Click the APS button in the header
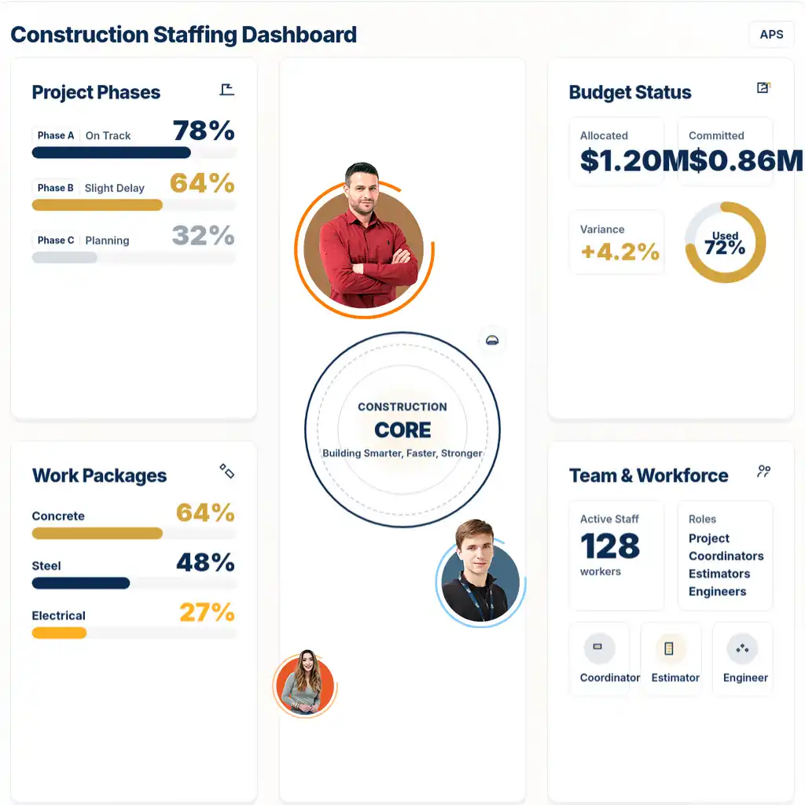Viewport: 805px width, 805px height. click(771, 35)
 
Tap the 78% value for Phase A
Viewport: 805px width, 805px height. click(204, 130)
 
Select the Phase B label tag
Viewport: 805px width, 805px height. click(56, 188)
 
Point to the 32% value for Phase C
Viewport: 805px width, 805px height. click(204, 236)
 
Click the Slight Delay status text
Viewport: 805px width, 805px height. click(115, 188)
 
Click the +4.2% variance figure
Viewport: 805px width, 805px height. click(620, 252)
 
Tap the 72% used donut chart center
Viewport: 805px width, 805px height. click(725, 243)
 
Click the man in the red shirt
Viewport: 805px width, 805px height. click(362, 240)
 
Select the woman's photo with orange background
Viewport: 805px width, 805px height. click(303, 683)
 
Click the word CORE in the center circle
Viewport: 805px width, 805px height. click(402, 430)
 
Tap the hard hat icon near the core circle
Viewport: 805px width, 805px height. click(492, 340)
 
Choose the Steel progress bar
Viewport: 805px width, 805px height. click(81, 583)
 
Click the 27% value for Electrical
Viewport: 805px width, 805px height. click(207, 612)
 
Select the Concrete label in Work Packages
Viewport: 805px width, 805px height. click(58, 516)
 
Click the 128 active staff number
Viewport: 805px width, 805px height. click(610, 546)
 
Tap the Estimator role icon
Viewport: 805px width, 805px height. click(670, 649)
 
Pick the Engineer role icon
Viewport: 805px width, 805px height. click(742, 649)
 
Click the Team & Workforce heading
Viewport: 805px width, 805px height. click(649, 476)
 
